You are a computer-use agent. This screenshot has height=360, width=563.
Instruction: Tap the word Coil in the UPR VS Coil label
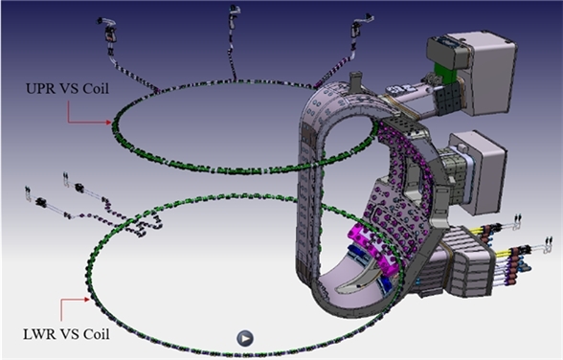[96, 89]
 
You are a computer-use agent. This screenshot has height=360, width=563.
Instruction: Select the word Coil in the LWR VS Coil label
[96, 334]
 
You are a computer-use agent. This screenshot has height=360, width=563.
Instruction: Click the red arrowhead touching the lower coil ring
[86, 300]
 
